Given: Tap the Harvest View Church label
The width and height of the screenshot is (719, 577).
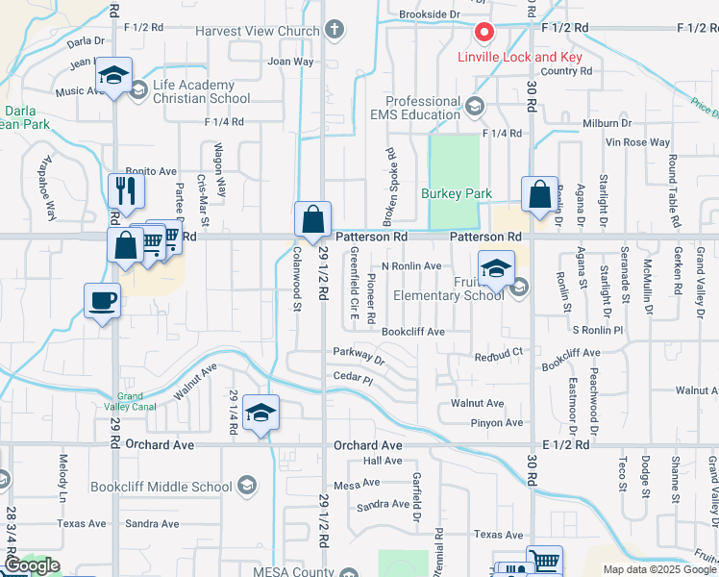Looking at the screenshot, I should click(257, 32).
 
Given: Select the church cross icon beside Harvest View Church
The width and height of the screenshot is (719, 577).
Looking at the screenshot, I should click(335, 31).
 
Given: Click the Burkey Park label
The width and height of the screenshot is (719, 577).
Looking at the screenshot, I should click(457, 193).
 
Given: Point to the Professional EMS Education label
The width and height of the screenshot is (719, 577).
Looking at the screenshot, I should click(423, 108).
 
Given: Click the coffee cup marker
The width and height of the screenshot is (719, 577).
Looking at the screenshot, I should click(102, 302).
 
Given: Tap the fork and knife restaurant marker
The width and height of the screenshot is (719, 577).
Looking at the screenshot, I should click(126, 189).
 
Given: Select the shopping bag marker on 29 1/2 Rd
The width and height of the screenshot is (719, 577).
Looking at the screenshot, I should click(312, 220).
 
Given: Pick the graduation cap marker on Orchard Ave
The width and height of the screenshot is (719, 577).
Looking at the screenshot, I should click(260, 414).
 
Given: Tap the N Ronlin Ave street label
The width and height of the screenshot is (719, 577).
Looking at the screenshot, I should click(411, 266).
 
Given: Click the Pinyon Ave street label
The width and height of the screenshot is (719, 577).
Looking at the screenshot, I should click(497, 423).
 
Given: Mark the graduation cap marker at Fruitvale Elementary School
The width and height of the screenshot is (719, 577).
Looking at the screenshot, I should click(496, 268).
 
